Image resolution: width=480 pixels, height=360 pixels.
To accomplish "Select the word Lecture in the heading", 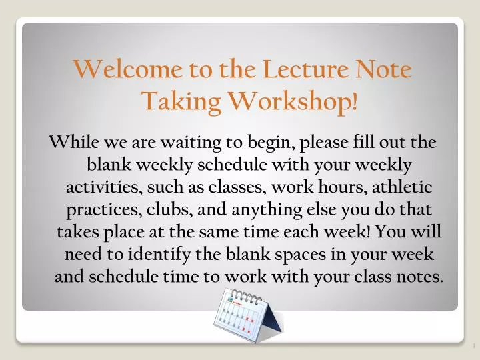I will (x=304, y=69).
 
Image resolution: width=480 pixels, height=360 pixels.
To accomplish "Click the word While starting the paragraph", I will (x=71, y=142).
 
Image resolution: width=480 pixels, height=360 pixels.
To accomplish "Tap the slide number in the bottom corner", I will (x=471, y=346).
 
